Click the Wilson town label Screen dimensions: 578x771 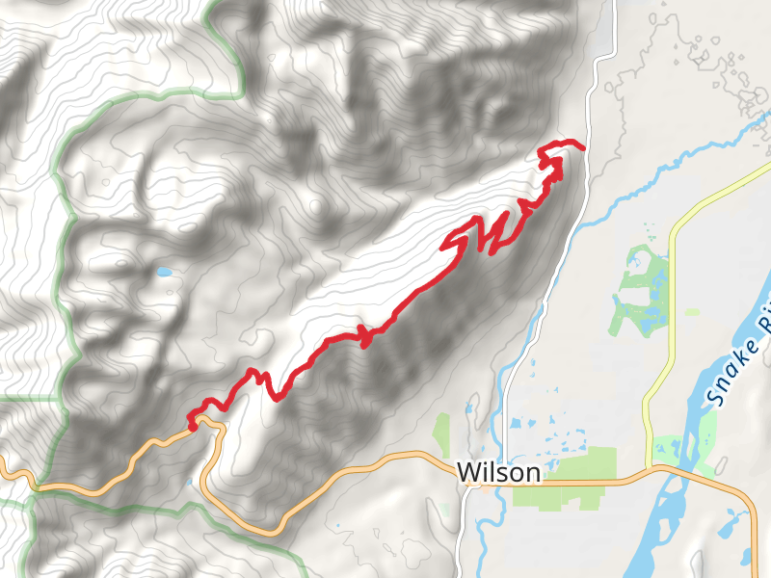pos(498,473)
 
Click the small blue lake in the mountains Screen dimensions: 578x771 pos(165,273)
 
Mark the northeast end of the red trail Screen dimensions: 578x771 pos(583,146)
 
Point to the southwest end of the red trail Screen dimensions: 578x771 pos(192,424)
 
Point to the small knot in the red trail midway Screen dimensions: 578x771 pos(365,336)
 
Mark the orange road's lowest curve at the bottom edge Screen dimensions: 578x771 pos(271,530)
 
